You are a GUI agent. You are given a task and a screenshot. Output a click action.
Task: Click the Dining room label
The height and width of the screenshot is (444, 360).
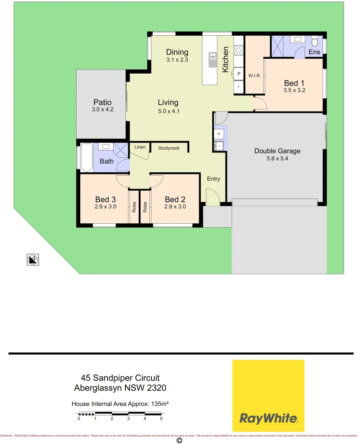[x=177, y=52]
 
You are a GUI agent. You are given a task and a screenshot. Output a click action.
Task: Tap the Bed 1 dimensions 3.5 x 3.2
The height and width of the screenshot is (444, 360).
[x=294, y=90]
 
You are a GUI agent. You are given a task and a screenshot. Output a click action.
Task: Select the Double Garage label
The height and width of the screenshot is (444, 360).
[x=277, y=151]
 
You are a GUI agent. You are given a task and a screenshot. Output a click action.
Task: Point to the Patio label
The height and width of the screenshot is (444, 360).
[x=102, y=102]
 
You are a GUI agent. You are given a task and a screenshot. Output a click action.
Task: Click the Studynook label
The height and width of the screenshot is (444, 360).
[x=169, y=148]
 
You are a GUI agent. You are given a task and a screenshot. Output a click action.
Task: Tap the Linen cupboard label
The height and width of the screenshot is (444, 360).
[x=139, y=147]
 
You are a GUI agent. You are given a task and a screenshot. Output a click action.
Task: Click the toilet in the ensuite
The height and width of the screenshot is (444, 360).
[x=315, y=42]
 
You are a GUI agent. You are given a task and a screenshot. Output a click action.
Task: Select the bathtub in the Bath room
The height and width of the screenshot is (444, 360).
[x=87, y=157]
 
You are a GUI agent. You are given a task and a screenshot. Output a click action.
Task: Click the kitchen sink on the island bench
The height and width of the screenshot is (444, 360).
[x=213, y=60]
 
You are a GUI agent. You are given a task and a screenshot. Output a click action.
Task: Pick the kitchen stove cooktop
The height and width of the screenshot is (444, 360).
[x=239, y=51]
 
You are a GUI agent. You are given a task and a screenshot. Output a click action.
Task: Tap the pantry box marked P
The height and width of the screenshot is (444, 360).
[x=239, y=74]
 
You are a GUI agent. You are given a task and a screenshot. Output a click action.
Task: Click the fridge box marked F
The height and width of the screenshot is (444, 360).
[x=239, y=87]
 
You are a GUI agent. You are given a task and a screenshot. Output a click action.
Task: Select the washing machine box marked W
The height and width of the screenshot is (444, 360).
[x=219, y=134]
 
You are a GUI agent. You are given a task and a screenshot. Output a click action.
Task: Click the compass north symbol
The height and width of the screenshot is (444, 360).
[x=33, y=259]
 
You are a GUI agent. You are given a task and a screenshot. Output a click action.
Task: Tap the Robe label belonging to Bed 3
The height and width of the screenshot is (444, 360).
[x=134, y=206]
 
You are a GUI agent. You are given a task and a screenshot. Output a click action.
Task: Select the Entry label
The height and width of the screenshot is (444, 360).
[x=214, y=179]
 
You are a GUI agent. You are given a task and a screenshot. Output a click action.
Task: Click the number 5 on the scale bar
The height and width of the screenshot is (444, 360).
[x=161, y=419]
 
